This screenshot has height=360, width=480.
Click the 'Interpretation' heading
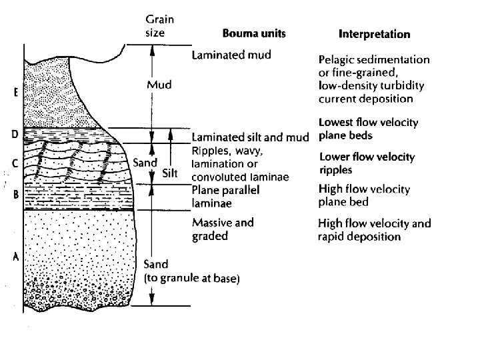pyautogui.click(x=375, y=33)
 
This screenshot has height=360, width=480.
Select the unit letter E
pyautogui.click(x=15, y=94)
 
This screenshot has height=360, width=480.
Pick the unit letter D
pyautogui.click(x=15, y=135)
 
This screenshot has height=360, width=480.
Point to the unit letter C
pyautogui.click(x=15, y=162)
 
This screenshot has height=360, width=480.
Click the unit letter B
pyautogui.click(x=15, y=195)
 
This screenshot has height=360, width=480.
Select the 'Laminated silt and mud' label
pyautogui.click(x=250, y=138)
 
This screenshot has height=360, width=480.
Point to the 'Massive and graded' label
pyautogui.click(x=223, y=229)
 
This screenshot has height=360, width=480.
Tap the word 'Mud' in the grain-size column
pyautogui.click(x=159, y=85)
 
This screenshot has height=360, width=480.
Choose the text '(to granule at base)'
pyautogui.click(x=191, y=278)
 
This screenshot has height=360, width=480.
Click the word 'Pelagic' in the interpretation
pyautogui.click(x=338, y=59)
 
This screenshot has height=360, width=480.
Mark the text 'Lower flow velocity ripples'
pyautogui.click(x=367, y=163)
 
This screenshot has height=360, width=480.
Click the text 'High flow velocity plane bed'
pyautogui.click(x=364, y=195)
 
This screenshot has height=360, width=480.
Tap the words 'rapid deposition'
pyautogui.click(x=360, y=237)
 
